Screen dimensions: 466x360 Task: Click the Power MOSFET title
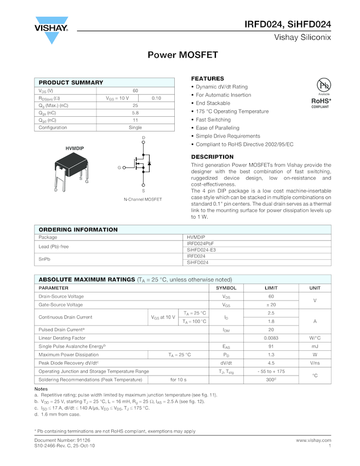183,55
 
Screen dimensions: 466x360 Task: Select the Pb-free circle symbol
323,86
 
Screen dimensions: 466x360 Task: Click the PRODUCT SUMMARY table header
71,82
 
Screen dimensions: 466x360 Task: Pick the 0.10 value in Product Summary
156,98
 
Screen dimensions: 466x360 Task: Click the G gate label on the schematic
119,167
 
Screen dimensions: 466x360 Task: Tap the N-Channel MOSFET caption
142,199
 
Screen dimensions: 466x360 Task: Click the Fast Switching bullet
213,120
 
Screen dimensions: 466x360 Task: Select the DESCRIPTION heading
212,157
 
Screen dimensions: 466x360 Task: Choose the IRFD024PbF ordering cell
201,243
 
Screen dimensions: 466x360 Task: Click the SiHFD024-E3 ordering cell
201,250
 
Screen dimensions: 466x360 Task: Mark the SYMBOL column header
226,288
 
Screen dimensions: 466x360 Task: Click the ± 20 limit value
271,305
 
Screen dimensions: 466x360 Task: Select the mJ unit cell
315,346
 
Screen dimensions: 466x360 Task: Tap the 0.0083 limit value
271,338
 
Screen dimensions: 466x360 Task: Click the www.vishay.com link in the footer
313,440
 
